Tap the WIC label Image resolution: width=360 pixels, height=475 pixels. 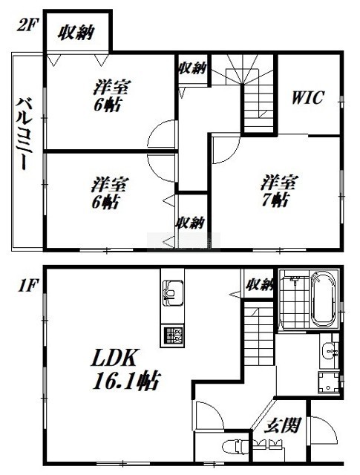pyautogui.click(x=308, y=97)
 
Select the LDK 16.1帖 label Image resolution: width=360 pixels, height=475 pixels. pyautogui.click(x=125, y=370)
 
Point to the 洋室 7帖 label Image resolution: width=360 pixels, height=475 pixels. pyautogui.click(x=279, y=191)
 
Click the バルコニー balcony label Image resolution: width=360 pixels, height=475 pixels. pyautogui.click(x=24, y=134)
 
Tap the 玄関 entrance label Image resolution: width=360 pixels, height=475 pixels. pyautogui.click(x=282, y=425)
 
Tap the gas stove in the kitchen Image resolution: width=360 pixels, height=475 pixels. pyautogui.click(x=172, y=335)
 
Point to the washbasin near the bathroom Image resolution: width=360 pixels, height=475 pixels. pyautogui.click(x=329, y=351)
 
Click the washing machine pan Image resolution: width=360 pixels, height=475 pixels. pyautogui.click(x=328, y=382)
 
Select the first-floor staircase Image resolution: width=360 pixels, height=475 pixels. pyautogui.click(x=258, y=335)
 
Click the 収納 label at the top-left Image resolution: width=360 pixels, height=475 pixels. pyautogui.click(x=76, y=33)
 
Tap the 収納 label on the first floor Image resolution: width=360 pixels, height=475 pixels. pyautogui.click(x=259, y=284)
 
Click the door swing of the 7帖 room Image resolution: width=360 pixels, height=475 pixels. pyautogui.click(x=226, y=150)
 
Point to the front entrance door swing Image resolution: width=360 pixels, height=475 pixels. pyautogui.click(x=324, y=430)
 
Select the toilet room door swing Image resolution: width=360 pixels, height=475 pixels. pyautogui.click(x=210, y=416)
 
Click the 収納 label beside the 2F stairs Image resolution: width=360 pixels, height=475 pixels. pyautogui.click(x=193, y=68)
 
